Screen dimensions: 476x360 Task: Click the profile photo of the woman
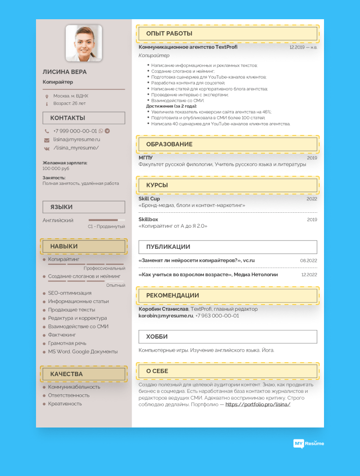(x=84, y=43)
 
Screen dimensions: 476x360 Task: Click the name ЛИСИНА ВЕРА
(x=65, y=72)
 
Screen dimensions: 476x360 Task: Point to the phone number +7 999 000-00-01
(x=75, y=131)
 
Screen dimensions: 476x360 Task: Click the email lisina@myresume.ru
(x=77, y=139)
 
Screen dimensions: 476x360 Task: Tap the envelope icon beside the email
(x=47, y=140)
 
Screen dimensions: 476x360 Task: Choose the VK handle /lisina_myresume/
(x=76, y=148)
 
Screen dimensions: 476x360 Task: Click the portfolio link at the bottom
(x=258, y=404)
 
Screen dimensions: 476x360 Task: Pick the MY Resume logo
(x=309, y=443)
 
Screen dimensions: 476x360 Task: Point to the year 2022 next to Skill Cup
(x=312, y=199)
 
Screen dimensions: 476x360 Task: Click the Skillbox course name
(x=149, y=220)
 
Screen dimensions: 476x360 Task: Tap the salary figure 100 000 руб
(x=56, y=169)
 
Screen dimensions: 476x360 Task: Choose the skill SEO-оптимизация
(x=70, y=293)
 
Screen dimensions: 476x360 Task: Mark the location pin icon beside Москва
(x=47, y=96)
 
